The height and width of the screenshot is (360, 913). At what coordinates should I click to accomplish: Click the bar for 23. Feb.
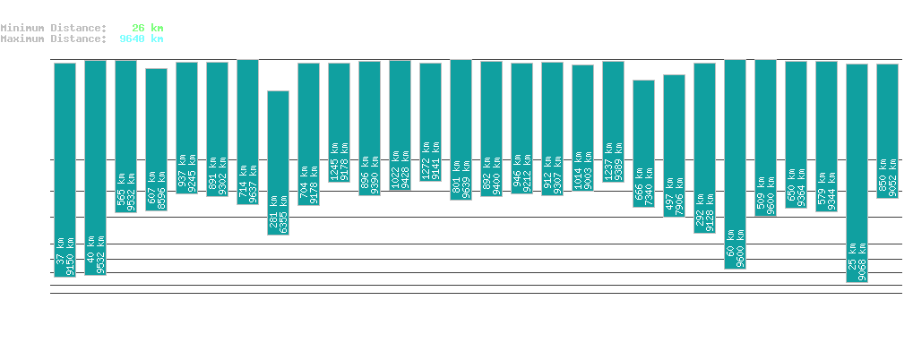point(278,162)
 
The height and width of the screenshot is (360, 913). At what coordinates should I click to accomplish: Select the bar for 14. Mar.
point(857,173)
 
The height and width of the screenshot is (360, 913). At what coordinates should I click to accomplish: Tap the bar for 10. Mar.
point(735,164)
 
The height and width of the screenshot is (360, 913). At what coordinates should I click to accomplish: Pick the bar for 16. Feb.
point(65,169)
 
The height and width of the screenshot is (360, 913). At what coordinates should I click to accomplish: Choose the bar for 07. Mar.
point(643,143)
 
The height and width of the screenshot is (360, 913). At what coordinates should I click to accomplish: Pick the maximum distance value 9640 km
point(141,39)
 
